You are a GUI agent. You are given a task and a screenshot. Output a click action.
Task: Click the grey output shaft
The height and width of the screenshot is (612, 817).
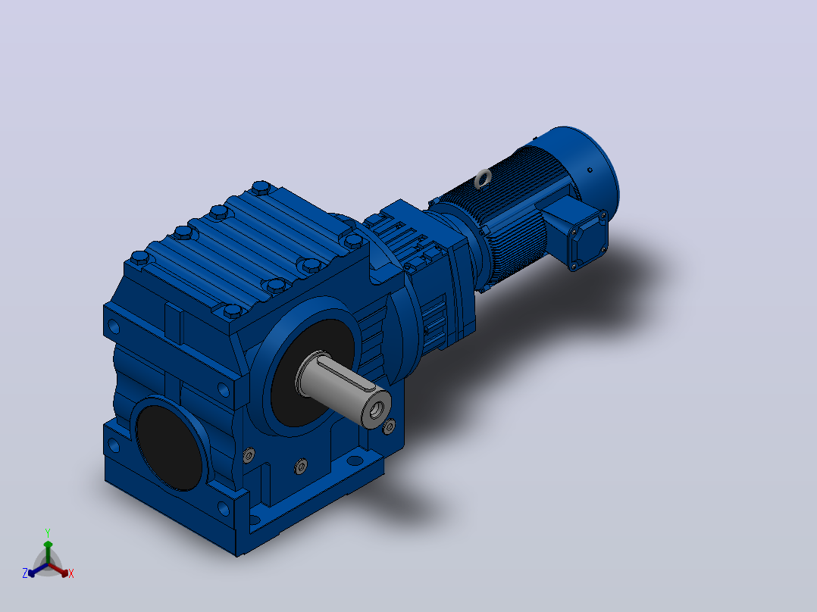(x=341, y=386)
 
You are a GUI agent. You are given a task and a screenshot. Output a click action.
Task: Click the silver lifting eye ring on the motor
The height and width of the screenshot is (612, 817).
(x=483, y=179)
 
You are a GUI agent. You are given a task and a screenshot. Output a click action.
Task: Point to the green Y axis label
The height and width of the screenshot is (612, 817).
(x=48, y=532)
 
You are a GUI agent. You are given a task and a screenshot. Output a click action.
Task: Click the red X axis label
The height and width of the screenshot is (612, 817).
(x=71, y=573)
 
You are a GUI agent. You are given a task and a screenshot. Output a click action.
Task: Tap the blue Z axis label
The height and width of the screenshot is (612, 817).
(x=25, y=573)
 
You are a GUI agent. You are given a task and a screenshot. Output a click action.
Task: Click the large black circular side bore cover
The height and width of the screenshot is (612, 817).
(x=169, y=448)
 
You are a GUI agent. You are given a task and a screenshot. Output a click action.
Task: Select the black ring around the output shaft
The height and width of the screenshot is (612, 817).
(x=312, y=373)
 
